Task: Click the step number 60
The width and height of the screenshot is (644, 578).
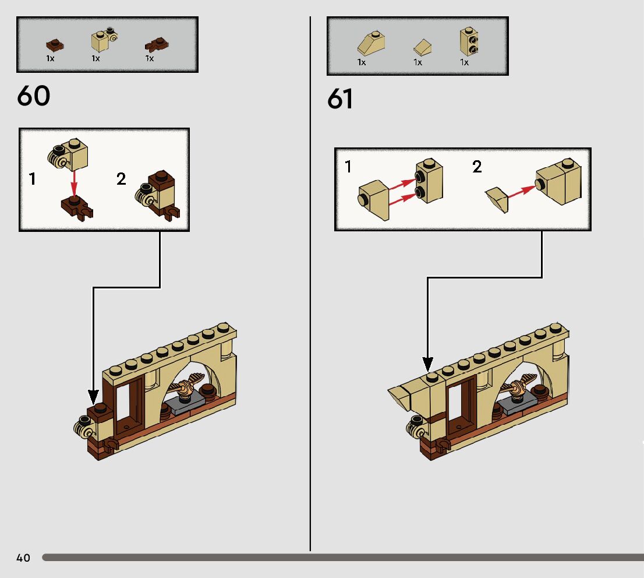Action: click(x=34, y=96)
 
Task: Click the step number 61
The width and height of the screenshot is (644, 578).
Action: click(x=340, y=99)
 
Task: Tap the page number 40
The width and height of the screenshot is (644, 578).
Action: click(x=23, y=558)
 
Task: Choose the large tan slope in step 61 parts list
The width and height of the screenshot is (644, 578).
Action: click(x=371, y=44)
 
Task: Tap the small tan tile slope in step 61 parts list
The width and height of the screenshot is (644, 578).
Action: click(x=421, y=47)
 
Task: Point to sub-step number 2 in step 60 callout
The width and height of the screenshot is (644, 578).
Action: click(x=121, y=179)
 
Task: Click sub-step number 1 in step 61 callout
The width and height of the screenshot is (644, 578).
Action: click(x=348, y=167)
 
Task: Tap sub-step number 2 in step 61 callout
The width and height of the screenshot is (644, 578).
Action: click(x=477, y=167)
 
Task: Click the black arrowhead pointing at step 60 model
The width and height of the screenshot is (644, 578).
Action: click(x=93, y=396)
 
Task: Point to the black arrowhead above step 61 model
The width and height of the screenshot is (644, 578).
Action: click(x=427, y=365)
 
